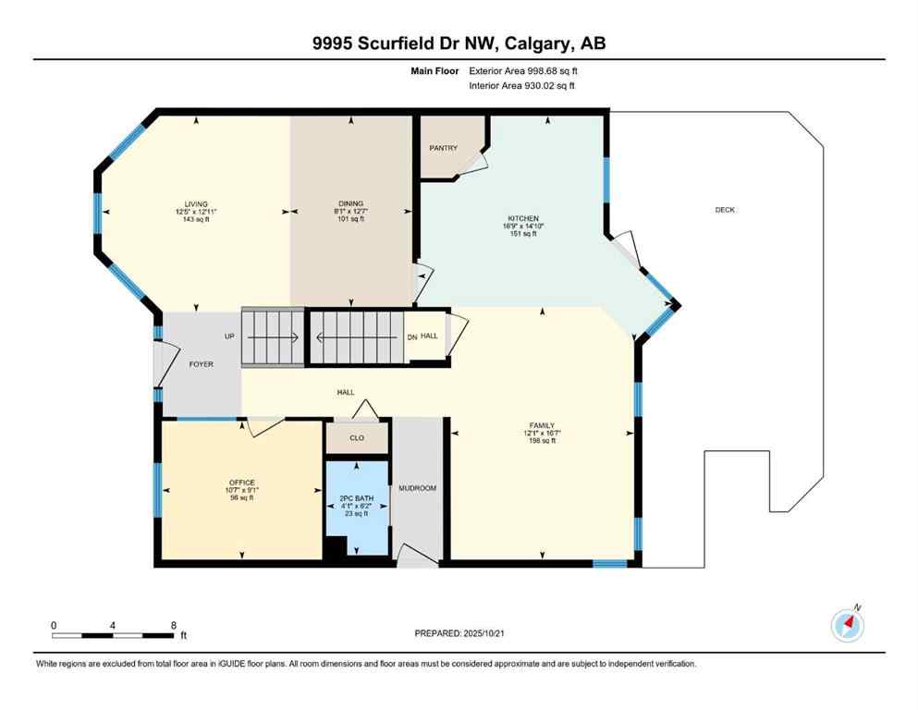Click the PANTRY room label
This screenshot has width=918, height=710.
click(x=442, y=148)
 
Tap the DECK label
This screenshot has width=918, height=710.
click(x=725, y=210)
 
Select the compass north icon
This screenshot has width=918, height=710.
click(x=847, y=626)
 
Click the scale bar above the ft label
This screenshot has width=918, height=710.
click(x=113, y=635)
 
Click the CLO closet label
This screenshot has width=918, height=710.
click(x=356, y=438)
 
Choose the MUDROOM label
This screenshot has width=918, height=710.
click(x=417, y=487)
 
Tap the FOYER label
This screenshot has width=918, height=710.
click(x=201, y=364)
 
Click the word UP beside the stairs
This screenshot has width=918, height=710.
click(x=229, y=336)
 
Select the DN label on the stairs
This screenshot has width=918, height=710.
click(x=412, y=337)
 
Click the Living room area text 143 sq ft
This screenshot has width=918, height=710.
click(x=195, y=219)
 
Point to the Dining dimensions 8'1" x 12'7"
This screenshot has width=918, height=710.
click(x=350, y=212)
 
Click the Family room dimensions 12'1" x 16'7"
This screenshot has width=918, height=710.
click(x=542, y=433)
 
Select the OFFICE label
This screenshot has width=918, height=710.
click(x=241, y=482)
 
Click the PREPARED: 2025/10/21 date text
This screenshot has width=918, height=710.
click(x=459, y=633)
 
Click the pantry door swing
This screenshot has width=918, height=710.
click(x=473, y=163)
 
